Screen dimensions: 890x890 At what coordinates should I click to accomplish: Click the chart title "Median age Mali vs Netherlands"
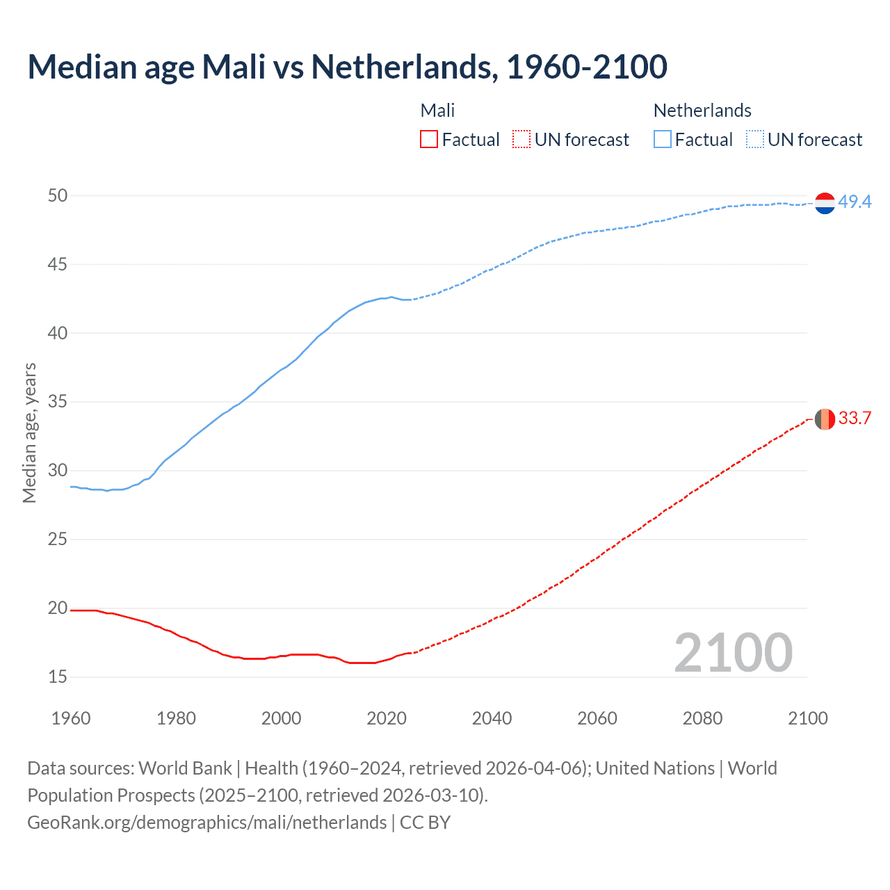click(347, 67)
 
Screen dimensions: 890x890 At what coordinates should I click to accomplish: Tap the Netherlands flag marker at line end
click(825, 203)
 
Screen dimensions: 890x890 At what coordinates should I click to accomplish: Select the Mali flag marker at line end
click(825, 419)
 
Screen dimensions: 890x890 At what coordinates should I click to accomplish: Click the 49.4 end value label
click(855, 202)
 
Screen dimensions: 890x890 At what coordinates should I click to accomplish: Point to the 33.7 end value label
click(855, 418)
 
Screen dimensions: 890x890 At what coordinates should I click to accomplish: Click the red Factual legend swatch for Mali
click(429, 140)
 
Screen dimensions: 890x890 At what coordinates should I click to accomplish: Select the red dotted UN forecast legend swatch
click(521, 140)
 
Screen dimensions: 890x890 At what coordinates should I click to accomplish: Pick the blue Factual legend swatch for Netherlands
click(663, 140)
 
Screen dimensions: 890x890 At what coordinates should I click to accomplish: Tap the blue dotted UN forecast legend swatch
click(755, 140)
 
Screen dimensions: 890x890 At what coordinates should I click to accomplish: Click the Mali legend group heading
click(437, 111)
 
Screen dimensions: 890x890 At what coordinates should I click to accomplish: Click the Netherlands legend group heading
click(702, 111)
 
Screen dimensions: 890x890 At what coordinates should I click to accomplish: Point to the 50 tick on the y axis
click(58, 196)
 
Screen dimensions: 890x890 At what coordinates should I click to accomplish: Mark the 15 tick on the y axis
click(58, 677)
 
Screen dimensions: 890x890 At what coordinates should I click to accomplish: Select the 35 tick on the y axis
click(58, 402)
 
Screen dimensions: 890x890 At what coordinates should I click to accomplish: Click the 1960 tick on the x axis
click(71, 718)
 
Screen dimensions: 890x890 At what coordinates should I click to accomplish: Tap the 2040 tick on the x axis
click(492, 718)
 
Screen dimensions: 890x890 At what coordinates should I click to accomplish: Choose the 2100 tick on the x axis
click(807, 718)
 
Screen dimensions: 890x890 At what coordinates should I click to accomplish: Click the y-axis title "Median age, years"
click(29, 432)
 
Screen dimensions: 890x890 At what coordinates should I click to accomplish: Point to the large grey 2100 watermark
click(733, 653)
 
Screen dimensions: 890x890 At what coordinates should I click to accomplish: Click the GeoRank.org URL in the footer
click(207, 823)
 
